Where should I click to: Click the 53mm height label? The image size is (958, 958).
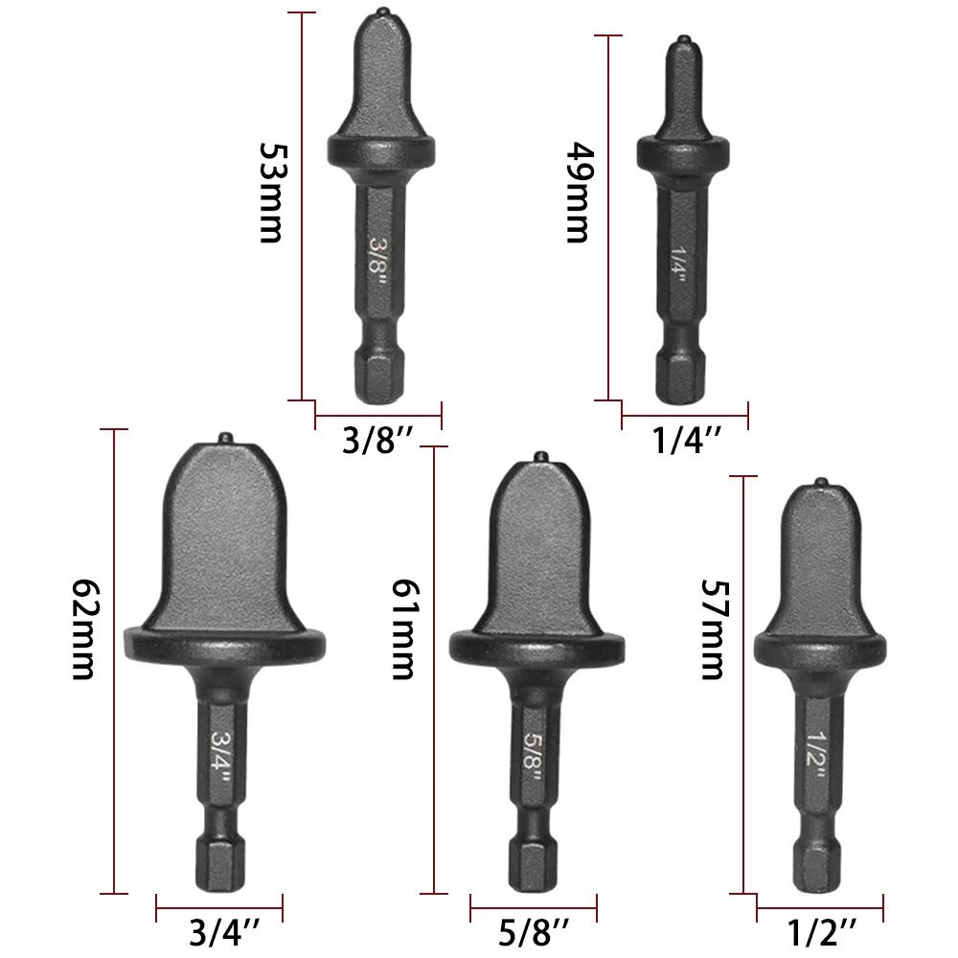point(272,194)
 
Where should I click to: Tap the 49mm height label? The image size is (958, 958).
point(579,194)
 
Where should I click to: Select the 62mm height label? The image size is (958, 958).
point(83,629)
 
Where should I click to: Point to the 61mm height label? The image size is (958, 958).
point(403,629)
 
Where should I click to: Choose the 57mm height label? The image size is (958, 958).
point(712,629)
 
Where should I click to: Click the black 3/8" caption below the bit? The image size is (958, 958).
point(378,440)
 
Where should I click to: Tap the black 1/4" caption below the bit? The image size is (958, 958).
point(687,440)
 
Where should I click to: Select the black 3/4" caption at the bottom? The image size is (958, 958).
point(224,933)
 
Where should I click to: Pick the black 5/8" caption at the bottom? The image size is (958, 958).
point(534,933)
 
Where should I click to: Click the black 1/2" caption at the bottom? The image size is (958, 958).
point(821,933)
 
